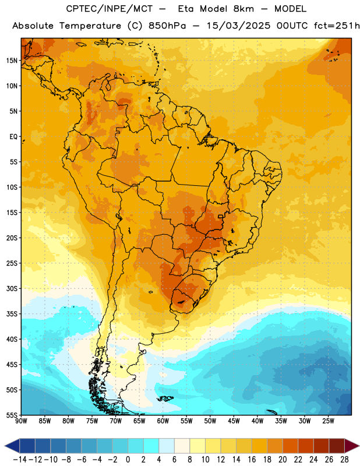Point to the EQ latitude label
coord(13,137)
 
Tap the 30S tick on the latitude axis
coord(12,288)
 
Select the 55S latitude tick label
coord(12,415)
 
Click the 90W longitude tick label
coord(21,421)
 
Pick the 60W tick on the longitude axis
coord(163,421)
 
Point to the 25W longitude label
coord(328,421)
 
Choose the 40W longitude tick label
coord(257,421)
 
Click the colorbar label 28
coord(344,460)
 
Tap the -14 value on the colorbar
coord(20,460)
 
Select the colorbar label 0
coord(128,460)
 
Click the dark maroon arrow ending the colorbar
coord(352,446)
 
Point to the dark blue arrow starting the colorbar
coord(12,446)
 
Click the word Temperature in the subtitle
coord(90,26)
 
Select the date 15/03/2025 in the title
coord(238,26)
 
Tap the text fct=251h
coord(337,26)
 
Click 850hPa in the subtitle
coord(167,26)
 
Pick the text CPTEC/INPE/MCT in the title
coord(110,9)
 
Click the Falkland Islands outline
coord(165,398)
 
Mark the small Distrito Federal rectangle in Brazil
coord(220,216)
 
